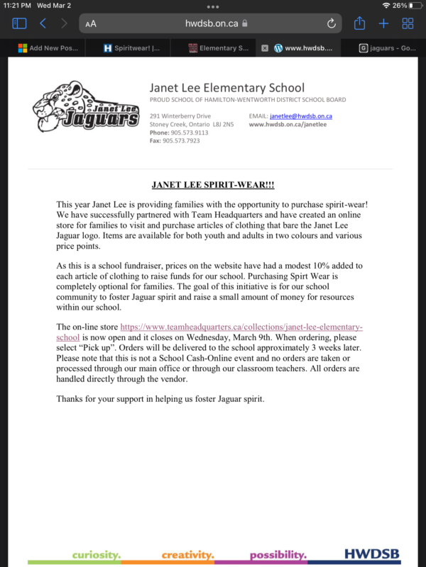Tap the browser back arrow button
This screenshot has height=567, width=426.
point(43,23)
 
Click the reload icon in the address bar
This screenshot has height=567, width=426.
point(332,23)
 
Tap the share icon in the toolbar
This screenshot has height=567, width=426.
point(360,23)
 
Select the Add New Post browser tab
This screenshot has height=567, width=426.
point(44,48)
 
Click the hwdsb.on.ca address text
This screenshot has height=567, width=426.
point(212,23)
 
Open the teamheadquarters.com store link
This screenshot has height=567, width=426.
point(241,327)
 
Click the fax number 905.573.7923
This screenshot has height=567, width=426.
point(181,141)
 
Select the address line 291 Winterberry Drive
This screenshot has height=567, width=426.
point(180,116)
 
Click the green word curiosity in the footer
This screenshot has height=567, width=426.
point(96,554)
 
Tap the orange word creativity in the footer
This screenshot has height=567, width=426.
point(187,554)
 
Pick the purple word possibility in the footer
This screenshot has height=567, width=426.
point(278,554)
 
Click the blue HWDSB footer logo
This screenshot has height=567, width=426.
point(371,554)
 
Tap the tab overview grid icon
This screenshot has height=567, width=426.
point(408,23)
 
